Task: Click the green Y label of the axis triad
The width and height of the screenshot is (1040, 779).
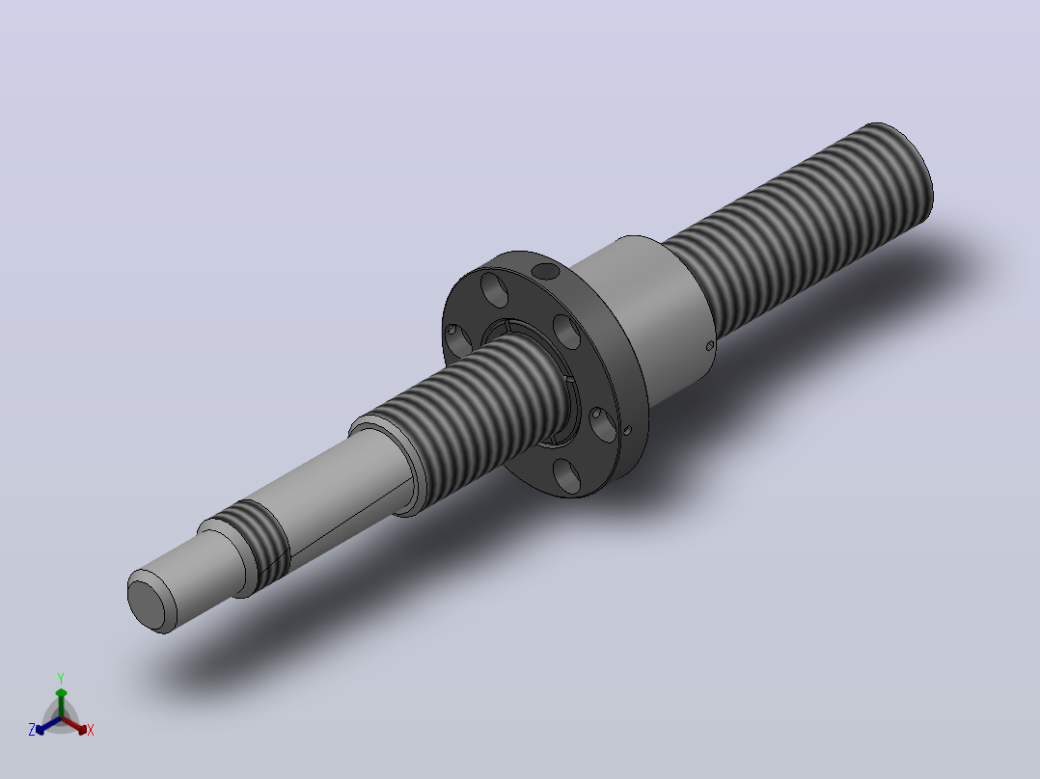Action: pyautogui.click(x=61, y=678)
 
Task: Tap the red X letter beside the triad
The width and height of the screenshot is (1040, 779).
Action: pyautogui.click(x=91, y=730)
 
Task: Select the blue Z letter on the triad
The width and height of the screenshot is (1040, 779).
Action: pyautogui.click(x=31, y=729)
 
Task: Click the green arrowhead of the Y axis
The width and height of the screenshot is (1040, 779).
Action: pyautogui.click(x=61, y=693)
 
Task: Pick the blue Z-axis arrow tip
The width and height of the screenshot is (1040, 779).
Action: pyautogui.click(x=41, y=729)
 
